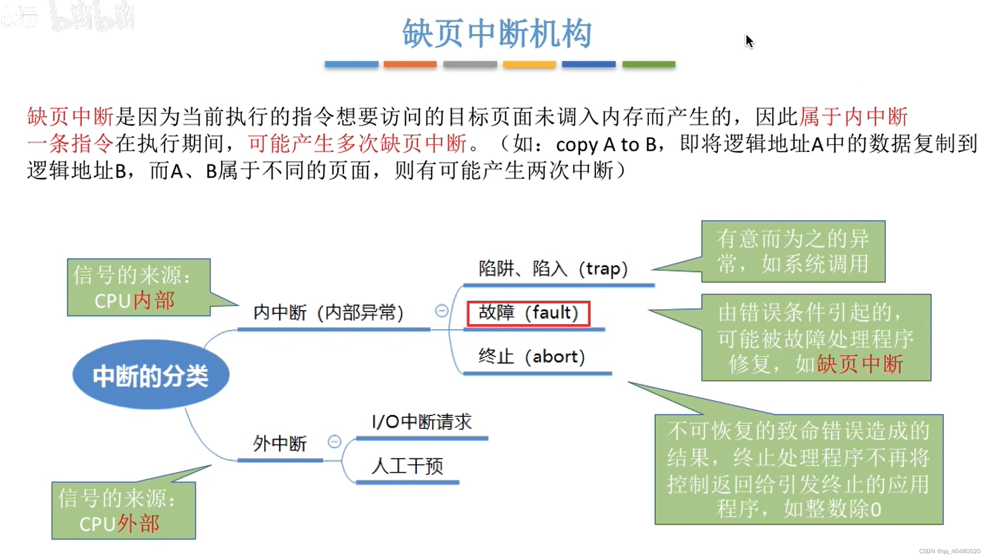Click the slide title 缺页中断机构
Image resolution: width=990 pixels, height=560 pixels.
(497, 33)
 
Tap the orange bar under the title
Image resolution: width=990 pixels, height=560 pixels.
(410, 64)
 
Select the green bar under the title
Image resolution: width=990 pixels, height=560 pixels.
(648, 64)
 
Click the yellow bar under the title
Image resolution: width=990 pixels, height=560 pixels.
(529, 64)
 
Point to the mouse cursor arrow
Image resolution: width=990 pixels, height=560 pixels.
(749, 41)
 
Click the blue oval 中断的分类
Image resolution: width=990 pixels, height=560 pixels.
(151, 375)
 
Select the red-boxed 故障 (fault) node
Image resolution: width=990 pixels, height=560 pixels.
(528, 313)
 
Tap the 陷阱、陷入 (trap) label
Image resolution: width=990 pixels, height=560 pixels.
(552, 269)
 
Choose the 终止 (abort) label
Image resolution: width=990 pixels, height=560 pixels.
(531, 356)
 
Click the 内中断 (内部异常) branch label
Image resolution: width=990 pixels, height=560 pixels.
(328, 313)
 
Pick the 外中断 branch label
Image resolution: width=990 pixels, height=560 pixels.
(280, 444)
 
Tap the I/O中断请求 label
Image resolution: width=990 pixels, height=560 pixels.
(422, 422)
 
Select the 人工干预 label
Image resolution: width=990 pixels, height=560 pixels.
(407, 466)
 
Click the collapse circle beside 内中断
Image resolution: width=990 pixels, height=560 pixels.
(441, 311)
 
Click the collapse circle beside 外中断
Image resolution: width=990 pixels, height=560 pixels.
(334, 441)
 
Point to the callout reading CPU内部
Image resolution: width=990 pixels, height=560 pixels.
(139, 287)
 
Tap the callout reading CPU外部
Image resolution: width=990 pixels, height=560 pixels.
(123, 511)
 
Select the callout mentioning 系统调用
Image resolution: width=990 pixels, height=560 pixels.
(793, 251)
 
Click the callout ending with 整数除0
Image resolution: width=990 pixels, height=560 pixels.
(799, 470)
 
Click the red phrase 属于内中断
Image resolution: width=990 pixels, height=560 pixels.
(853, 116)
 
